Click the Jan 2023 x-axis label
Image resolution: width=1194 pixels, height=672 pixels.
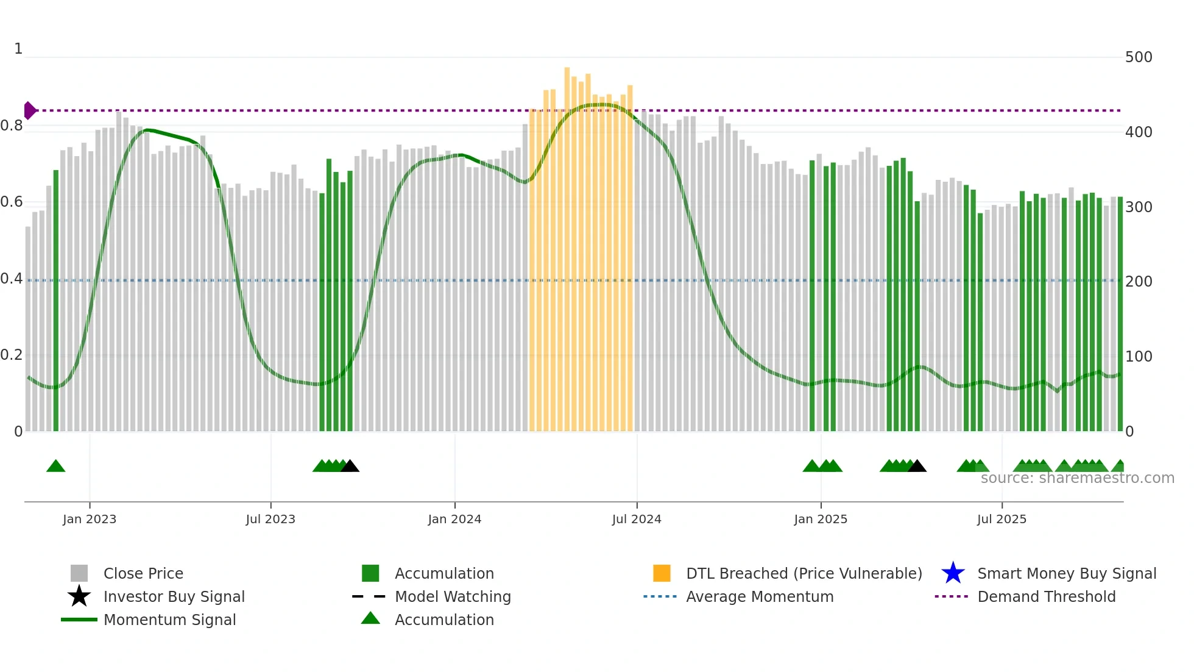90,519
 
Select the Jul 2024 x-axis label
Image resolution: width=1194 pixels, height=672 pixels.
637,519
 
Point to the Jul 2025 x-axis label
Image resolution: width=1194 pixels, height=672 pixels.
1001,519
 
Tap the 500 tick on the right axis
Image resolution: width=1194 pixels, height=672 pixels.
1139,57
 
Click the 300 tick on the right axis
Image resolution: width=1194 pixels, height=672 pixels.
1139,207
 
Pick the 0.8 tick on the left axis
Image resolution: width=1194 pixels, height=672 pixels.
12,126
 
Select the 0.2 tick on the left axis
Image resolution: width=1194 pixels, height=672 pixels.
12,355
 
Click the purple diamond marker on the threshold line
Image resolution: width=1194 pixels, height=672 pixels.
29,110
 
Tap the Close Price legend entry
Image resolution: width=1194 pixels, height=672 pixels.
143,573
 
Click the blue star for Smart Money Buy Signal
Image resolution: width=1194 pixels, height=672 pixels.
953,573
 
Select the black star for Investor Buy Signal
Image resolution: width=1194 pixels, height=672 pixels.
79,596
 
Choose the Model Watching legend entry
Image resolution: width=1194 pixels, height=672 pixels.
453,596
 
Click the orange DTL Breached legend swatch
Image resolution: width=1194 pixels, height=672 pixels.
662,573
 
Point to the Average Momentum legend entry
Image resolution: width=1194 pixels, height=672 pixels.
760,596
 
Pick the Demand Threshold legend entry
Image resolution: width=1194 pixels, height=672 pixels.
1046,596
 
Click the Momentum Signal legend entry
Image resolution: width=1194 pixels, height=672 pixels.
169,620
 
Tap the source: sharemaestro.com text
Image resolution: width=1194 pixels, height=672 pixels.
1077,478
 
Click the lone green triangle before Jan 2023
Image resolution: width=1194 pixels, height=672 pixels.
55,466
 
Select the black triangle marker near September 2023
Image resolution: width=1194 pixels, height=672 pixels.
350,466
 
